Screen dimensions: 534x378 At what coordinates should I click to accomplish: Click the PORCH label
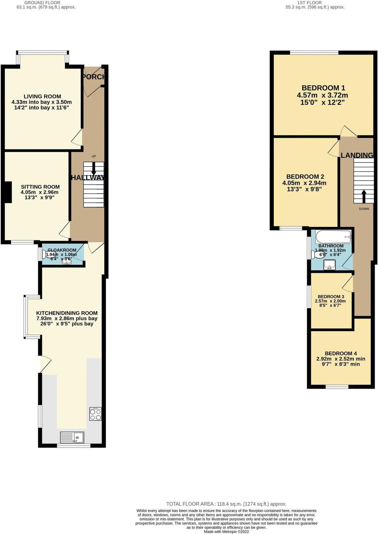pos(94,77)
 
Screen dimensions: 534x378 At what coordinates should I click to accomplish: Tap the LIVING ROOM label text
pos(42,96)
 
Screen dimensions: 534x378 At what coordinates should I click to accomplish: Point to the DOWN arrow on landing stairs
pos(363,196)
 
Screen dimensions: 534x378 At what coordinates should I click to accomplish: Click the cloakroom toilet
pos(45,254)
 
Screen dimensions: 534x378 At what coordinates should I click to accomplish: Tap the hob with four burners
pos(95,414)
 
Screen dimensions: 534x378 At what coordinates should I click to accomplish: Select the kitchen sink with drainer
pos(72,437)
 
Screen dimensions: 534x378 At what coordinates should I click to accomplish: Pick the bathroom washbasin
pos(329,264)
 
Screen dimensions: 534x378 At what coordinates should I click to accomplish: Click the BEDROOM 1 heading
pos(323,88)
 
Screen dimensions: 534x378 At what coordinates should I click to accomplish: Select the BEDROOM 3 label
pos(331,297)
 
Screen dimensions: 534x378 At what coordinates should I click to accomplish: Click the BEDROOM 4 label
pos(341,353)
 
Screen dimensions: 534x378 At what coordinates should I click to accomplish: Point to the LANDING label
pos(357,155)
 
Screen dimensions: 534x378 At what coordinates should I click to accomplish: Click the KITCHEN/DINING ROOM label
pos(67,313)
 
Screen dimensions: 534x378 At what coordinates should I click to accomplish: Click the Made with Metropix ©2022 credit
pos(226,532)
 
